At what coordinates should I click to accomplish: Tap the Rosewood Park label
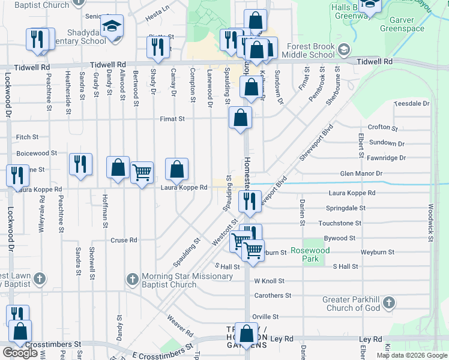pyautogui.click(x=306, y=254)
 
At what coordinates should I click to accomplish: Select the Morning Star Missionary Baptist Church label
pyautogui.click(x=187, y=280)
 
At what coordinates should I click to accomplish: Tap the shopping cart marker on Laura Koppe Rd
pyautogui.click(x=142, y=173)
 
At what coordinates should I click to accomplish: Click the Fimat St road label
pyautogui.click(x=172, y=119)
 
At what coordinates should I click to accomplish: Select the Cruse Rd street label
pyautogui.click(x=124, y=240)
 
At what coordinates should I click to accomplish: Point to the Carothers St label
pyautogui.click(x=273, y=296)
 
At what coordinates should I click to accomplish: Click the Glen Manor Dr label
pyautogui.click(x=361, y=174)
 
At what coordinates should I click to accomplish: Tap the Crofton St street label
pyautogui.click(x=382, y=127)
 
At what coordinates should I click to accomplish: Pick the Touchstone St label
pyautogui.click(x=340, y=223)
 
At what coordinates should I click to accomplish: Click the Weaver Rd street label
pyautogui.click(x=180, y=325)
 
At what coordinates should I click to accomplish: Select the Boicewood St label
pyautogui.click(x=37, y=154)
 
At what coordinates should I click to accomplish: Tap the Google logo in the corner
pyautogui.click(x=20, y=353)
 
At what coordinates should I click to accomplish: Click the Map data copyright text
pyautogui.click(x=411, y=355)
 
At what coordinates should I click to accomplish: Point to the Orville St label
pyautogui.click(x=265, y=317)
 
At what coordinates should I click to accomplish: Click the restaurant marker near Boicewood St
pyautogui.click(x=80, y=164)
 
